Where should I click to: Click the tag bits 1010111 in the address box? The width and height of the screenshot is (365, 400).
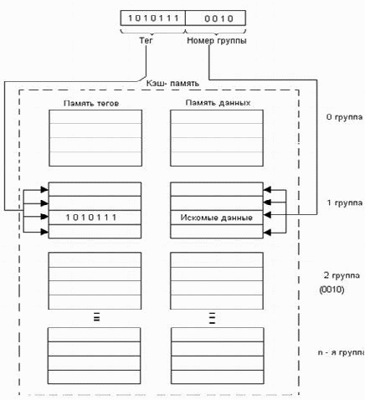(153, 18)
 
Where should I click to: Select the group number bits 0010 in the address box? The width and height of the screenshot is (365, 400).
(218, 18)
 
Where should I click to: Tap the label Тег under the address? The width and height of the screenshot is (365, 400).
(146, 40)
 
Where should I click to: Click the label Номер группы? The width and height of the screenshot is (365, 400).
(217, 41)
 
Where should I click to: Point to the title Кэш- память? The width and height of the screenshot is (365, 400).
(172, 83)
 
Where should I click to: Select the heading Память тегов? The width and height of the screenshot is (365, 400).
(91, 103)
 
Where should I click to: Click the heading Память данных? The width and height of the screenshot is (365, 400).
(218, 103)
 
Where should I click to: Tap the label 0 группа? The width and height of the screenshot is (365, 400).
(345, 117)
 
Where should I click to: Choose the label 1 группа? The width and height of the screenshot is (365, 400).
(345, 203)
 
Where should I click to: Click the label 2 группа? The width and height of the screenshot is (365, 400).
(342, 275)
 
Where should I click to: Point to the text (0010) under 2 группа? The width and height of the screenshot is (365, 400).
(332, 290)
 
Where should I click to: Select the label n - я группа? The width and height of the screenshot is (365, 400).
(342, 352)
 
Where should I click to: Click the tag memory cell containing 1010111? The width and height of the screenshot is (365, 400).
(95, 218)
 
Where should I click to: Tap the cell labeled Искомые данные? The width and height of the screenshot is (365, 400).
(217, 218)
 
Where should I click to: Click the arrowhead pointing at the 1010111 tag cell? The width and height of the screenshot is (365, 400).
(44, 217)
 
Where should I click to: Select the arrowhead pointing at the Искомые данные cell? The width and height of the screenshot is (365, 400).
(267, 214)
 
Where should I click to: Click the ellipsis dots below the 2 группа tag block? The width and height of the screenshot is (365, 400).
(96, 317)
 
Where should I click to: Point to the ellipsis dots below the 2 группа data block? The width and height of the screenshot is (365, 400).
(212, 318)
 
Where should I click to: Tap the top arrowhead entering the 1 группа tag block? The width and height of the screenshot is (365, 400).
(44, 190)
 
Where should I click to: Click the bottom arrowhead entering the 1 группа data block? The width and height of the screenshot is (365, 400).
(267, 232)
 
